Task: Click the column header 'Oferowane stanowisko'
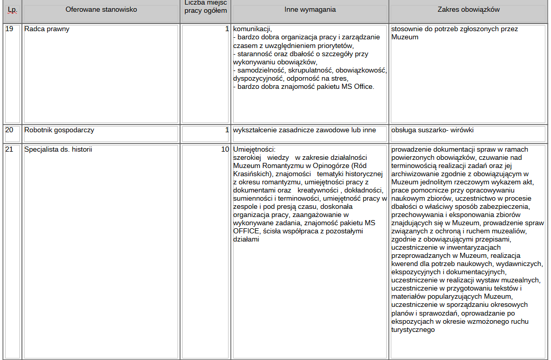(101, 10)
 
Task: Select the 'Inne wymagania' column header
(310, 10)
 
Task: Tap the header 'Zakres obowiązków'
(468, 10)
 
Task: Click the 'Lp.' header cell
(12, 10)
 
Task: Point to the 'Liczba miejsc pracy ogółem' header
(205, 7)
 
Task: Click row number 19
(9, 29)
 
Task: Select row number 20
(9, 130)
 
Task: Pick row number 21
(9, 150)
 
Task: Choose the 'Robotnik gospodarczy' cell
(59, 130)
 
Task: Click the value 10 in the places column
(225, 150)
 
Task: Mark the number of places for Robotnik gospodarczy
(227, 130)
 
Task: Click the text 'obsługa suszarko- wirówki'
(432, 130)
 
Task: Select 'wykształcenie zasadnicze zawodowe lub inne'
(304, 130)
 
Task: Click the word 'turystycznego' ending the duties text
(413, 330)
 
